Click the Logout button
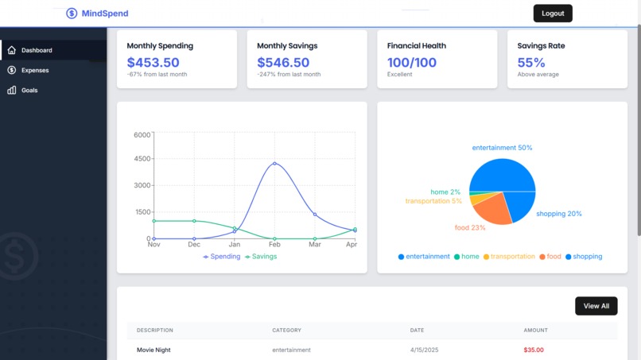[553, 14]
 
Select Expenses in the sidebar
[35, 70]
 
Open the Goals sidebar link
[29, 90]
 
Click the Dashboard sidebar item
[37, 50]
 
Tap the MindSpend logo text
[104, 14]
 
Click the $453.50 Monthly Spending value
[153, 62]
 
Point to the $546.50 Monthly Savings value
[283, 62]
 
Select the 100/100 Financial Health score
[412, 62]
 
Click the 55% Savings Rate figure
[531, 62]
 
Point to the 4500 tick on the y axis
[142, 159]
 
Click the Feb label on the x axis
[274, 245]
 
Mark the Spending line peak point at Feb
[274, 164]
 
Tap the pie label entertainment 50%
[502, 148]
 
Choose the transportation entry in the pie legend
[512, 257]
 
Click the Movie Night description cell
[153, 350]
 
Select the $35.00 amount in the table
[534, 350]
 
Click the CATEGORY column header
[286, 330]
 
